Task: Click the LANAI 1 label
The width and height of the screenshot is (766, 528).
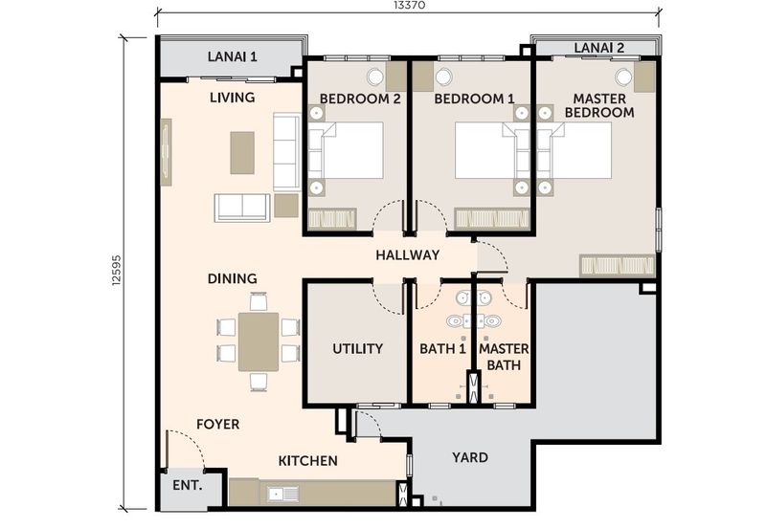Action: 232,56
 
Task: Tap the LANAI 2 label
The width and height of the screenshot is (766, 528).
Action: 599,48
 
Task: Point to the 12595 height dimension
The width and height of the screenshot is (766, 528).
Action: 116,270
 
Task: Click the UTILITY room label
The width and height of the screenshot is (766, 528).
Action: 357,348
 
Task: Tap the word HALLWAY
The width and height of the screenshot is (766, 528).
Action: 408,254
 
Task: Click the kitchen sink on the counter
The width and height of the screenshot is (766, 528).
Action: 282,494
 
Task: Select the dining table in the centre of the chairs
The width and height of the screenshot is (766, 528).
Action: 259,341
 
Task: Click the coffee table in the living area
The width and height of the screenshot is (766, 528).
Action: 242,153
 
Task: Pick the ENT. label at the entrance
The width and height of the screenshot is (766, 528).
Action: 188,486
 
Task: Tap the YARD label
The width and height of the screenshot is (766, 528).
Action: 470,458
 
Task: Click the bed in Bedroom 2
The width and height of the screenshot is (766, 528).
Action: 346,150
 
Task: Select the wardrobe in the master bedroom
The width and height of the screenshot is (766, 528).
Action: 617,266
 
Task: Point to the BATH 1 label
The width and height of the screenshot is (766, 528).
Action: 442,349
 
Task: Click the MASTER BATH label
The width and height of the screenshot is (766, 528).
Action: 504,357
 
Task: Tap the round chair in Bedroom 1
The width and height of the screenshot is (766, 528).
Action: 442,77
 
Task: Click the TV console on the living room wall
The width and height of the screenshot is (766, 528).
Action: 166,152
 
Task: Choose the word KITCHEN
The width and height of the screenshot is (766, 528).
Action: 307,461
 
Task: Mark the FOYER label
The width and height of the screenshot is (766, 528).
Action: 218,424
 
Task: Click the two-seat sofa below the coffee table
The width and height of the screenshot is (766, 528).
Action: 242,208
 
